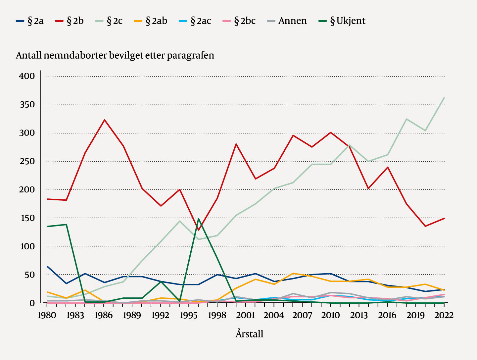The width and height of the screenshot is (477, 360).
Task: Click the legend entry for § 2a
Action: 30,21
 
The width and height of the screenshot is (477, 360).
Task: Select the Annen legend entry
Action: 287,21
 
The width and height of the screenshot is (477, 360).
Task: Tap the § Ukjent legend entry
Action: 343,21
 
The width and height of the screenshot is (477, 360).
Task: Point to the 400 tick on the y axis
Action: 26,76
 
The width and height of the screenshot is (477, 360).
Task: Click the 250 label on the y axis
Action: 26,161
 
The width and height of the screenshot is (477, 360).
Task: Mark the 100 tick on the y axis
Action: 26,246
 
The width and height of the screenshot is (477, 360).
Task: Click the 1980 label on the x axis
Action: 47,315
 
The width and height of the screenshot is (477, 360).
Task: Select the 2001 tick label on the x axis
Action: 245,315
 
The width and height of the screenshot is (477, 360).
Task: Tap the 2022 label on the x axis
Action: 444,315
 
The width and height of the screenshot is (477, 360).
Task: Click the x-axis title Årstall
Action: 249,334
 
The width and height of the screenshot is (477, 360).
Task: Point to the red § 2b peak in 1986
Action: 104,120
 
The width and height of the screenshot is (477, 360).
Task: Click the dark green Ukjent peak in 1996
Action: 199,219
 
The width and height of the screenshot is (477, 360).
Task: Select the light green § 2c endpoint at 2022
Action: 444,98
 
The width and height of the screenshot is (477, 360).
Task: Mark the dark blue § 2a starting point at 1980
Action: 48,267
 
